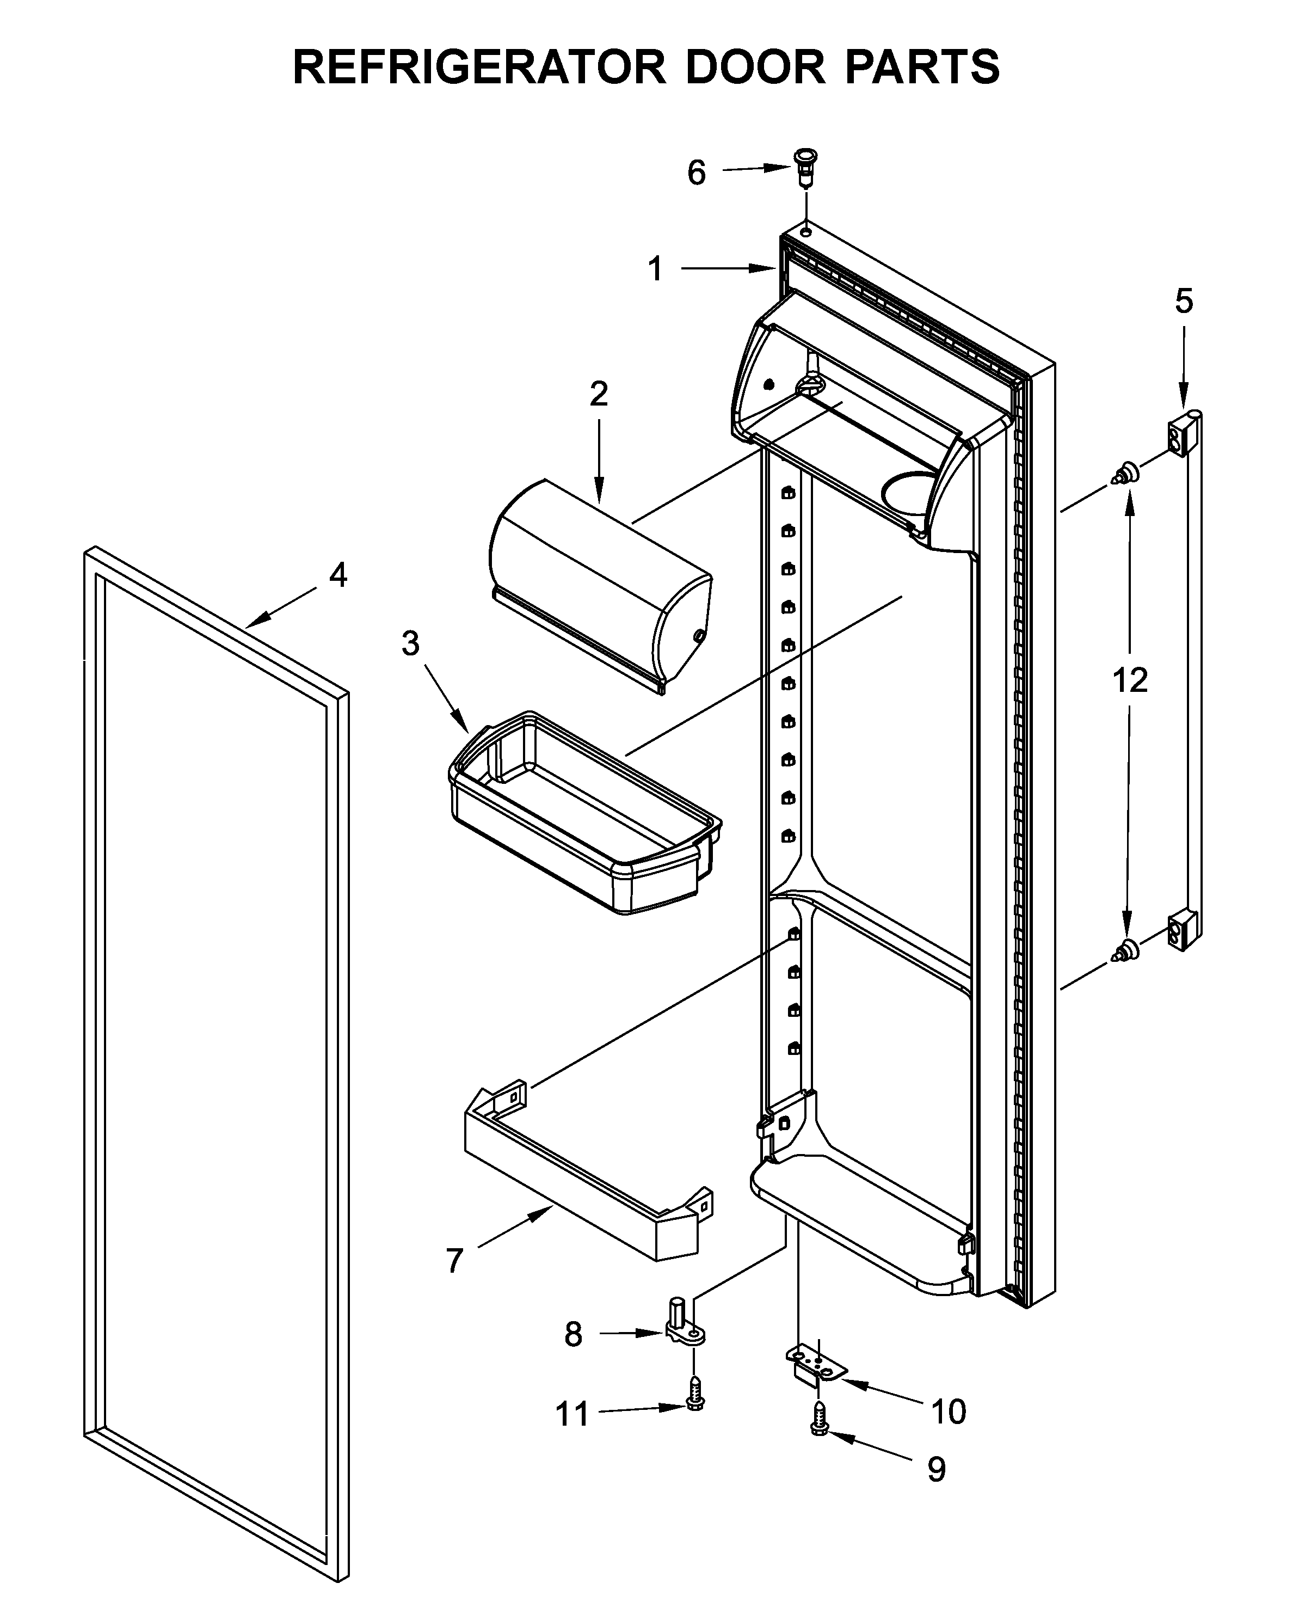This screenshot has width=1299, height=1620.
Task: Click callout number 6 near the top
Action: click(x=697, y=174)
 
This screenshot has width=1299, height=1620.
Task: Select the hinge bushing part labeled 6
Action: click(x=805, y=169)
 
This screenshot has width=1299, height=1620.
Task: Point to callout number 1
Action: click(x=655, y=268)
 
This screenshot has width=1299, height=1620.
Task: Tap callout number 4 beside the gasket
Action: click(x=338, y=576)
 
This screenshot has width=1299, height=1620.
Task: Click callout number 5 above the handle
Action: click(x=1183, y=302)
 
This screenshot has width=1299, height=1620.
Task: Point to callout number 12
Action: click(x=1130, y=681)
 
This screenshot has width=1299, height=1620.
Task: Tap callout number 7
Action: click(x=454, y=1261)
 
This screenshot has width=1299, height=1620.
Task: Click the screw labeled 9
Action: click(x=820, y=1432)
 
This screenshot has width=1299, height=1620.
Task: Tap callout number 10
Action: click(x=948, y=1412)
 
